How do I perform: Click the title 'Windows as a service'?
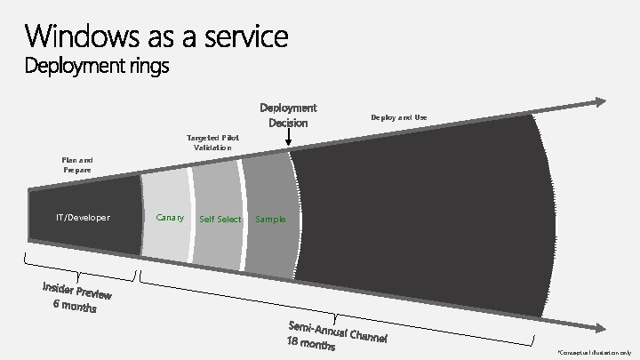point(156,37)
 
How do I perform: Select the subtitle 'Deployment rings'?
point(97,68)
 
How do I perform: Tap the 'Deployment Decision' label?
point(288,116)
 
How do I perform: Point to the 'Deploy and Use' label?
point(399,116)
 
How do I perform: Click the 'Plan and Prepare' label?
point(77,164)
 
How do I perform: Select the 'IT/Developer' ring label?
point(83,217)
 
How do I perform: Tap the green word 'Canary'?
point(170,217)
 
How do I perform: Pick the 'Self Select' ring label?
point(220,219)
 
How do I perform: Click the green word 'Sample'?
point(270,219)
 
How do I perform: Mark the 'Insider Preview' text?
point(77,291)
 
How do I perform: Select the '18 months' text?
point(310,341)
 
